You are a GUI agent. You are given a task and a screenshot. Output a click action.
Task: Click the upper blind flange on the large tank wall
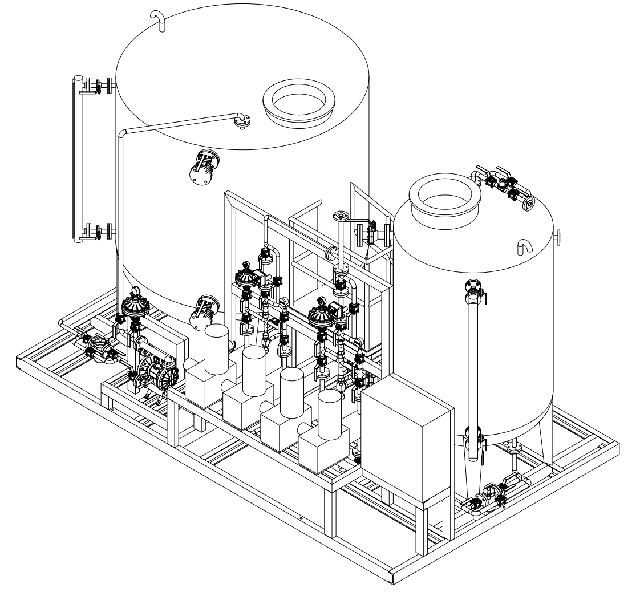[204, 167]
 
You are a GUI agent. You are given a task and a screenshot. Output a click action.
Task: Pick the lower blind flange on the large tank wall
[203, 313]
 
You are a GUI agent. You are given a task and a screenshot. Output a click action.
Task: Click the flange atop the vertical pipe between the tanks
[339, 215]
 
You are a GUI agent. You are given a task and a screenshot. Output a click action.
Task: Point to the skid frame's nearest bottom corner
[392, 576]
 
